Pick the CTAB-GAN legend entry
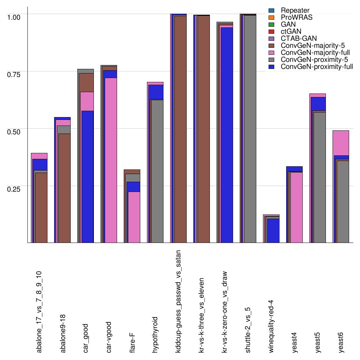[x=298, y=38]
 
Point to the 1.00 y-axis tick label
[x=14, y=17]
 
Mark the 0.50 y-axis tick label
[x=14, y=131]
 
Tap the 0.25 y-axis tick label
[x=14, y=188]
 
